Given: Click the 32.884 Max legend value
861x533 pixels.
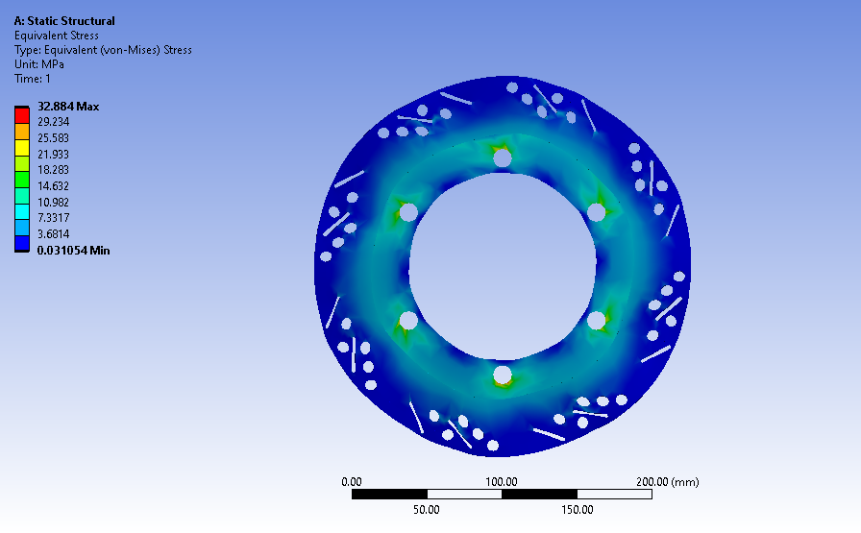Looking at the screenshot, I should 68,106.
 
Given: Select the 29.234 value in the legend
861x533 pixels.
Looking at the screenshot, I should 53,122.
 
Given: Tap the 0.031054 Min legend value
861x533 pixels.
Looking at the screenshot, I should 74,250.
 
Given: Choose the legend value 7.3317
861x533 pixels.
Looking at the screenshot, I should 53,218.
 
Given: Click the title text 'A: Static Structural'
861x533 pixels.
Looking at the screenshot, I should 64,21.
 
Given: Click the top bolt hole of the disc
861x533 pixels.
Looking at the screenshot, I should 503,159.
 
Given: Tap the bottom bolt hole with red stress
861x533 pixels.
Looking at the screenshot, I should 503,374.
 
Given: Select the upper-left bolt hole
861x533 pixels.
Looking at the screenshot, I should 408,211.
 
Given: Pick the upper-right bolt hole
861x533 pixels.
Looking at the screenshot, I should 597,211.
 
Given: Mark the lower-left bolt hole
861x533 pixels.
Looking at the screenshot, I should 408,320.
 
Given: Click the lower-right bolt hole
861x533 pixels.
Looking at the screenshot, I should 597,320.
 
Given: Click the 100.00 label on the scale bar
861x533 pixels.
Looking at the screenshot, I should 502,481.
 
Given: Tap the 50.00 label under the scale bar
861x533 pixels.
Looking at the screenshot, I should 427,510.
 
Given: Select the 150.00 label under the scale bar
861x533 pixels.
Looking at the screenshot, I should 577,510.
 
